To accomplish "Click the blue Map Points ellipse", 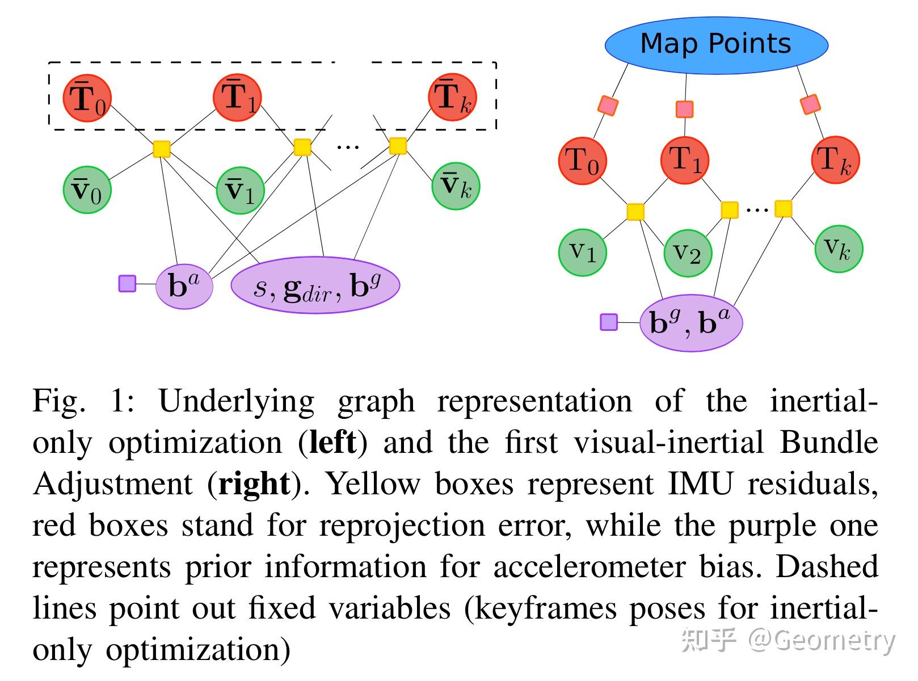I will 716,44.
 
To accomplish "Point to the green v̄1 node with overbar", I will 241,190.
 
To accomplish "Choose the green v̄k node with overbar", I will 456,186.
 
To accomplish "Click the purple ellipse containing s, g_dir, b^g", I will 315,285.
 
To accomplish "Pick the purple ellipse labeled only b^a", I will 184,285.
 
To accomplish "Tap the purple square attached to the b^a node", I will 127,283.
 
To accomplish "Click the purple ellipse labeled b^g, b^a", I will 690,322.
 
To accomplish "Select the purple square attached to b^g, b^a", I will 609,322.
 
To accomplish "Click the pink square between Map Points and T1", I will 685,109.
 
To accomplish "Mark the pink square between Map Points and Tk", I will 810,104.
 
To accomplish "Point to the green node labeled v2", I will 687,253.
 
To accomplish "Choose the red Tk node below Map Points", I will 836,160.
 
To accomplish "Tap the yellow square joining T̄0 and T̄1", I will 162,149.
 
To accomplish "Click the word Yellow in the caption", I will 374,484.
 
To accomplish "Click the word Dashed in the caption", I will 827,567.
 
